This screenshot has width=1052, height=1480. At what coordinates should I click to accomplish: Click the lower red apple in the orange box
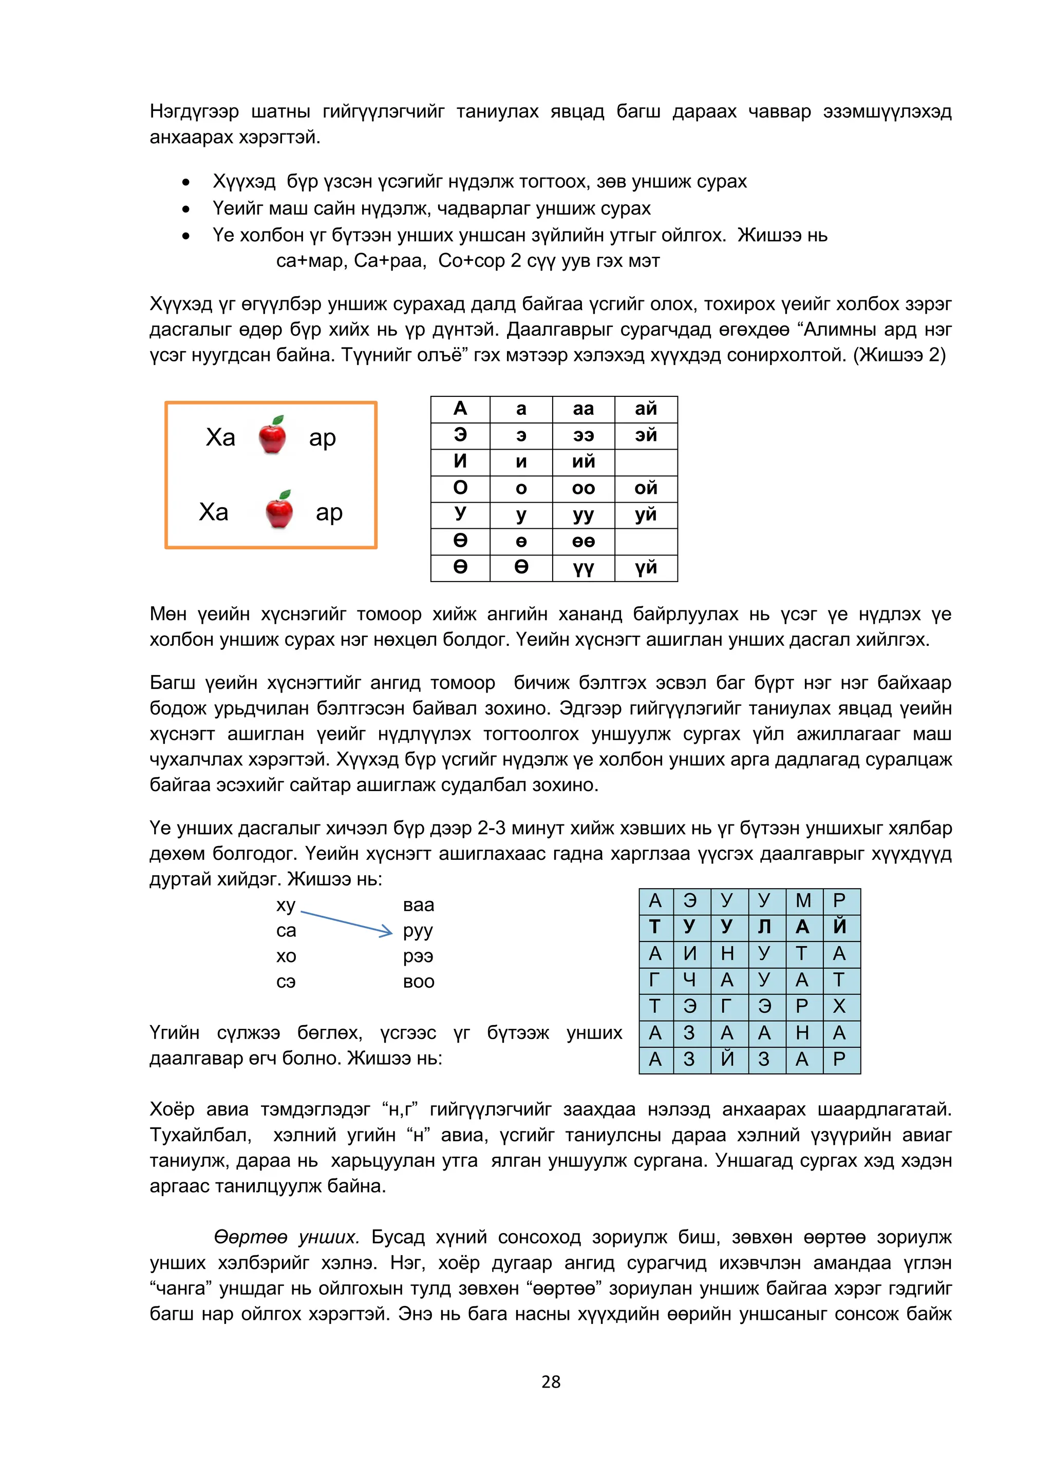(x=279, y=510)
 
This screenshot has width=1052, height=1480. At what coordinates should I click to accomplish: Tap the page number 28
(x=551, y=1381)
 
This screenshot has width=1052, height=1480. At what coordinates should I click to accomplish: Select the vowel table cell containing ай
(x=646, y=409)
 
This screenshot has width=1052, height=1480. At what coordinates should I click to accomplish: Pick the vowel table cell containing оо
(x=583, y=488)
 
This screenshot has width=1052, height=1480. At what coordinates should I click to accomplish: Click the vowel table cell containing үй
(x=646, y=567)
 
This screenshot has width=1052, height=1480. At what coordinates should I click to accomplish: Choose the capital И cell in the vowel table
(x=460, y=461)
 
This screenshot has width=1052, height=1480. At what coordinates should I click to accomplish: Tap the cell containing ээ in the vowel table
(x=583, y=435)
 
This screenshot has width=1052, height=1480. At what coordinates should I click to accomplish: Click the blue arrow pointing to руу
(x=347, y=922)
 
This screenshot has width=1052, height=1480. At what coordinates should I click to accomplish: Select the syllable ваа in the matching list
(x=419, y=905)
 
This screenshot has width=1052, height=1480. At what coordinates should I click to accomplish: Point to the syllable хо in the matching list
(x=286, y=955)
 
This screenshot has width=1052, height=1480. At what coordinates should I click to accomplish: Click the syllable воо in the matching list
(x=419, y=982)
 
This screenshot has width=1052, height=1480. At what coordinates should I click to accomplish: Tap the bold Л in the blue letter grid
(x=764, y=927)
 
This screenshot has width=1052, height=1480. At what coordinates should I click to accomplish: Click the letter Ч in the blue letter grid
(x=690, y=979)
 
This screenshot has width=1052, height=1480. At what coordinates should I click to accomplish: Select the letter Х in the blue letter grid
(x=839, y=1006)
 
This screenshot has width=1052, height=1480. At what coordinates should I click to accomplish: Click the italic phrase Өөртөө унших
(x=286, y=1237)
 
